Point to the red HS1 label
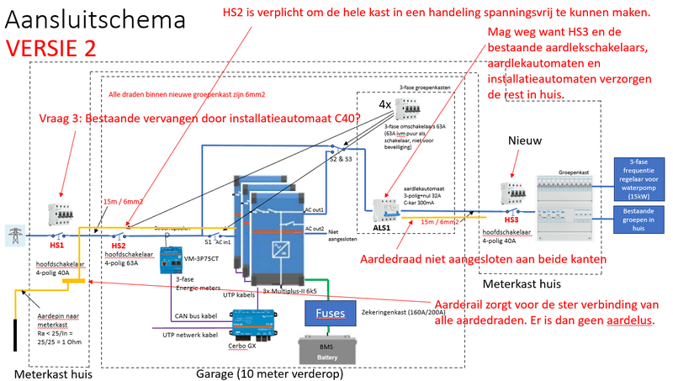56,246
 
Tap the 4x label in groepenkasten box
384,105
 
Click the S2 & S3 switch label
340,157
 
